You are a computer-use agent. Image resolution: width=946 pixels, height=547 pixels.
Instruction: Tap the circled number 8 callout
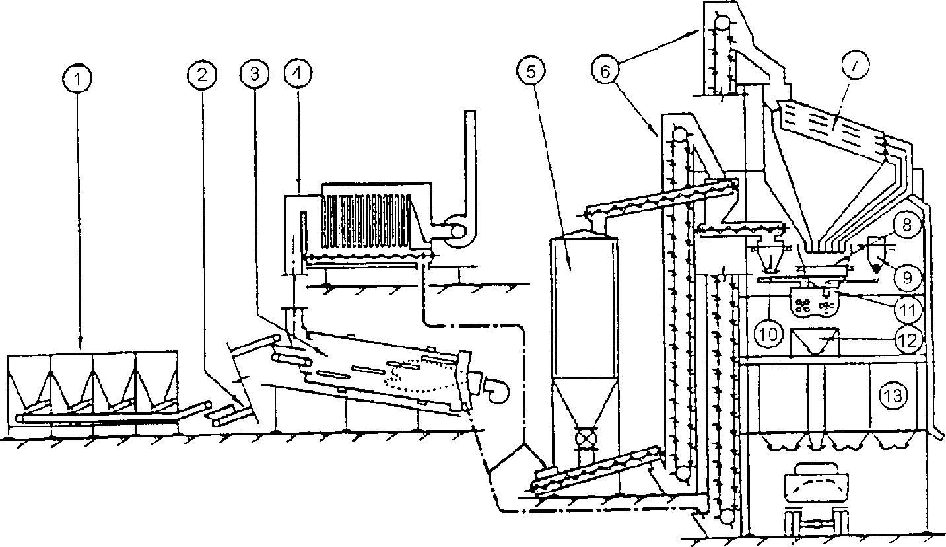(x=908, y=226)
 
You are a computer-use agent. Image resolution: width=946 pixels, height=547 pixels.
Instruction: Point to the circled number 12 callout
(x=908, y=340)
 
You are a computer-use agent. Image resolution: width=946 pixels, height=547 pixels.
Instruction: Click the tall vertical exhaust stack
(x=469, y=159)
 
